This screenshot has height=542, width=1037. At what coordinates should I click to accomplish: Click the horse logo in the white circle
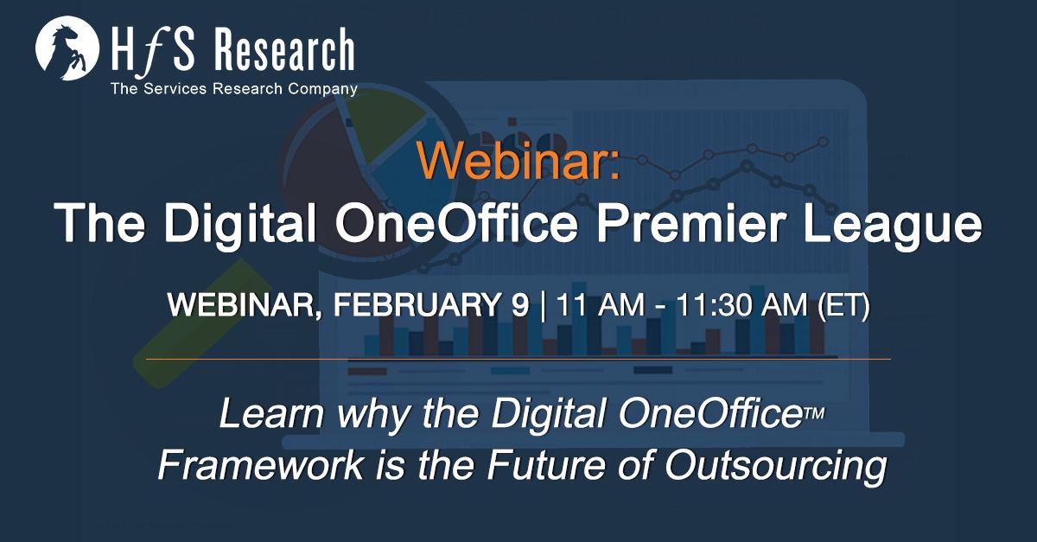[67, 48]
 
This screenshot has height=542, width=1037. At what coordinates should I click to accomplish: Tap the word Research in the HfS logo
[284, 49]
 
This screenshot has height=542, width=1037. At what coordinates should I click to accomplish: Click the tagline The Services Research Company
[234, 88]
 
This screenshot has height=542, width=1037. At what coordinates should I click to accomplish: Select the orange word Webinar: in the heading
[518, 160]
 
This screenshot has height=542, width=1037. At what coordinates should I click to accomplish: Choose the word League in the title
[893, 225]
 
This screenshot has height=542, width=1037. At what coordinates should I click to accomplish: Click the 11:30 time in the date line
[715, 305]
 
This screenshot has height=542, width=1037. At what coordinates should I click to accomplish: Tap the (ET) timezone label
[844, 305]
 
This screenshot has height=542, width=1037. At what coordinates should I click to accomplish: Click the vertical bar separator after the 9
[543, 305]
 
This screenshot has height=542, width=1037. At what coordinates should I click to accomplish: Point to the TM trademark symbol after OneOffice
[815, 412]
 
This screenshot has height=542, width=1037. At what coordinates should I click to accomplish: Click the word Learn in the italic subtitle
[271, 413]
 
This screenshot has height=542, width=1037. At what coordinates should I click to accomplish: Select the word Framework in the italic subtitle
[261, 464]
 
